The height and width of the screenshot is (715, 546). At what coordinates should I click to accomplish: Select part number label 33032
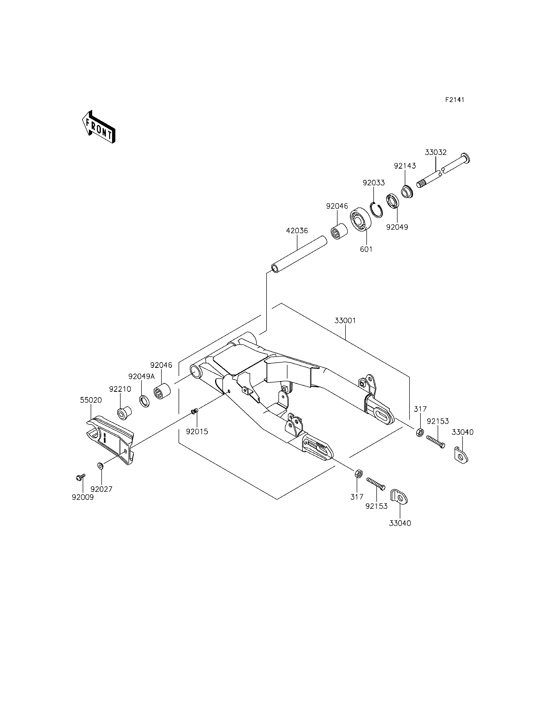pos(435,152)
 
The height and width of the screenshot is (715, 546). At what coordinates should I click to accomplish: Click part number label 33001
pos(345,320)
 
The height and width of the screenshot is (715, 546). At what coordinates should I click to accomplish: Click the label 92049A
pos(141,377)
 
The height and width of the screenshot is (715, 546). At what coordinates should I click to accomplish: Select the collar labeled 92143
pos(407,192)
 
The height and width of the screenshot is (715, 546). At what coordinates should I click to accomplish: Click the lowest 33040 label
pos(400,523)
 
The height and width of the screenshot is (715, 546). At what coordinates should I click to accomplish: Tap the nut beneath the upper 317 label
pos(419,432)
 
